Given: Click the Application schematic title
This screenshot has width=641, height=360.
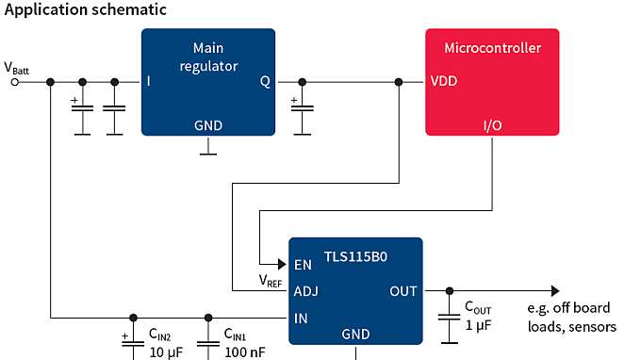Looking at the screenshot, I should [x=86, y=9].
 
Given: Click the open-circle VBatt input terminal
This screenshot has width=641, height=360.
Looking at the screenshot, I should [x=15, y=82].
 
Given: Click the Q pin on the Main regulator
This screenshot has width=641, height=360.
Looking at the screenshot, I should [x=265, y=81].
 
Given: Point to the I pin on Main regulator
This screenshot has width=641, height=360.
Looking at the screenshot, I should [x=149, y=81].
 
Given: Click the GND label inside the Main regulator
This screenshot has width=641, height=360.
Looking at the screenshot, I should [x=208, y=124].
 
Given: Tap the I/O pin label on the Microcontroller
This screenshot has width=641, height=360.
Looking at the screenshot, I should [x=492, y=124].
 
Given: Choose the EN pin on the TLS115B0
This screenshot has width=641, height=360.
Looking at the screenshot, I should [x=304, y=265].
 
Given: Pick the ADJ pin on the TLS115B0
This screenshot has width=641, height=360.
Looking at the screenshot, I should [x=306, y=291].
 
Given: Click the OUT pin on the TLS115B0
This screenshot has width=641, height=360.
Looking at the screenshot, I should [x=403, y=291].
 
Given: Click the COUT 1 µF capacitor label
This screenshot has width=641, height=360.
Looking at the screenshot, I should [x=479, y=316].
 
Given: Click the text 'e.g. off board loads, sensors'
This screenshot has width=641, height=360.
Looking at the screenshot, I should [x=571, y=318].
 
